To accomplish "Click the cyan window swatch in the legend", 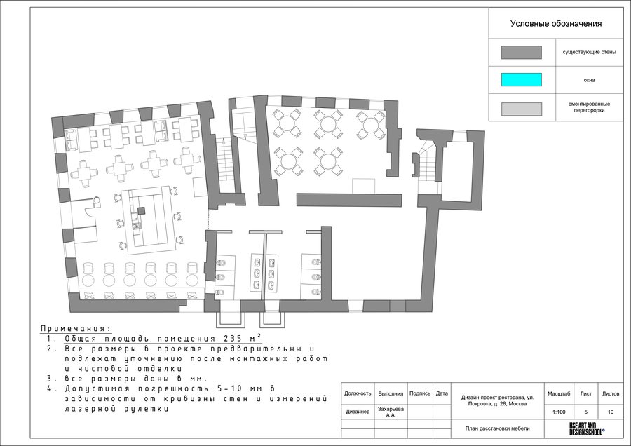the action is coord(521,80).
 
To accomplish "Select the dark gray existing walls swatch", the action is coord(521,53).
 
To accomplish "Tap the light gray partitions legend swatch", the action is coord(521,109).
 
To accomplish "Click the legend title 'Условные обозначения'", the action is coord(556,24).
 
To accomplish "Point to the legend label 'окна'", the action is coord(589,80).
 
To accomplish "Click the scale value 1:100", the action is coord(559,412).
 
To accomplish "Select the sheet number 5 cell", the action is coord(585,412).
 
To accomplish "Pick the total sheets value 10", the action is coord(611,412).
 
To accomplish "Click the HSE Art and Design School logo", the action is coord(586,428).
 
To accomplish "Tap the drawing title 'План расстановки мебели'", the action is coord(497,428).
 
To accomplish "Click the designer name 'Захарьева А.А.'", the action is coord(391,412).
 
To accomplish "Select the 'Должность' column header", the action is coord(358,393).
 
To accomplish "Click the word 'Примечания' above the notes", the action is coord(75,329).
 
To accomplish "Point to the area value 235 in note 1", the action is coord(230,338).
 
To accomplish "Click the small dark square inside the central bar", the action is coord(140,210).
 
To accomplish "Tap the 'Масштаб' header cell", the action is coord(559,393).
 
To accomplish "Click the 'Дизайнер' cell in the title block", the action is coord(358,412).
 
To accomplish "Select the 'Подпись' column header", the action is coord(420,393).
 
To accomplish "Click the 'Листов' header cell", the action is coord(611,393).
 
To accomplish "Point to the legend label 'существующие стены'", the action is coord(589,53).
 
